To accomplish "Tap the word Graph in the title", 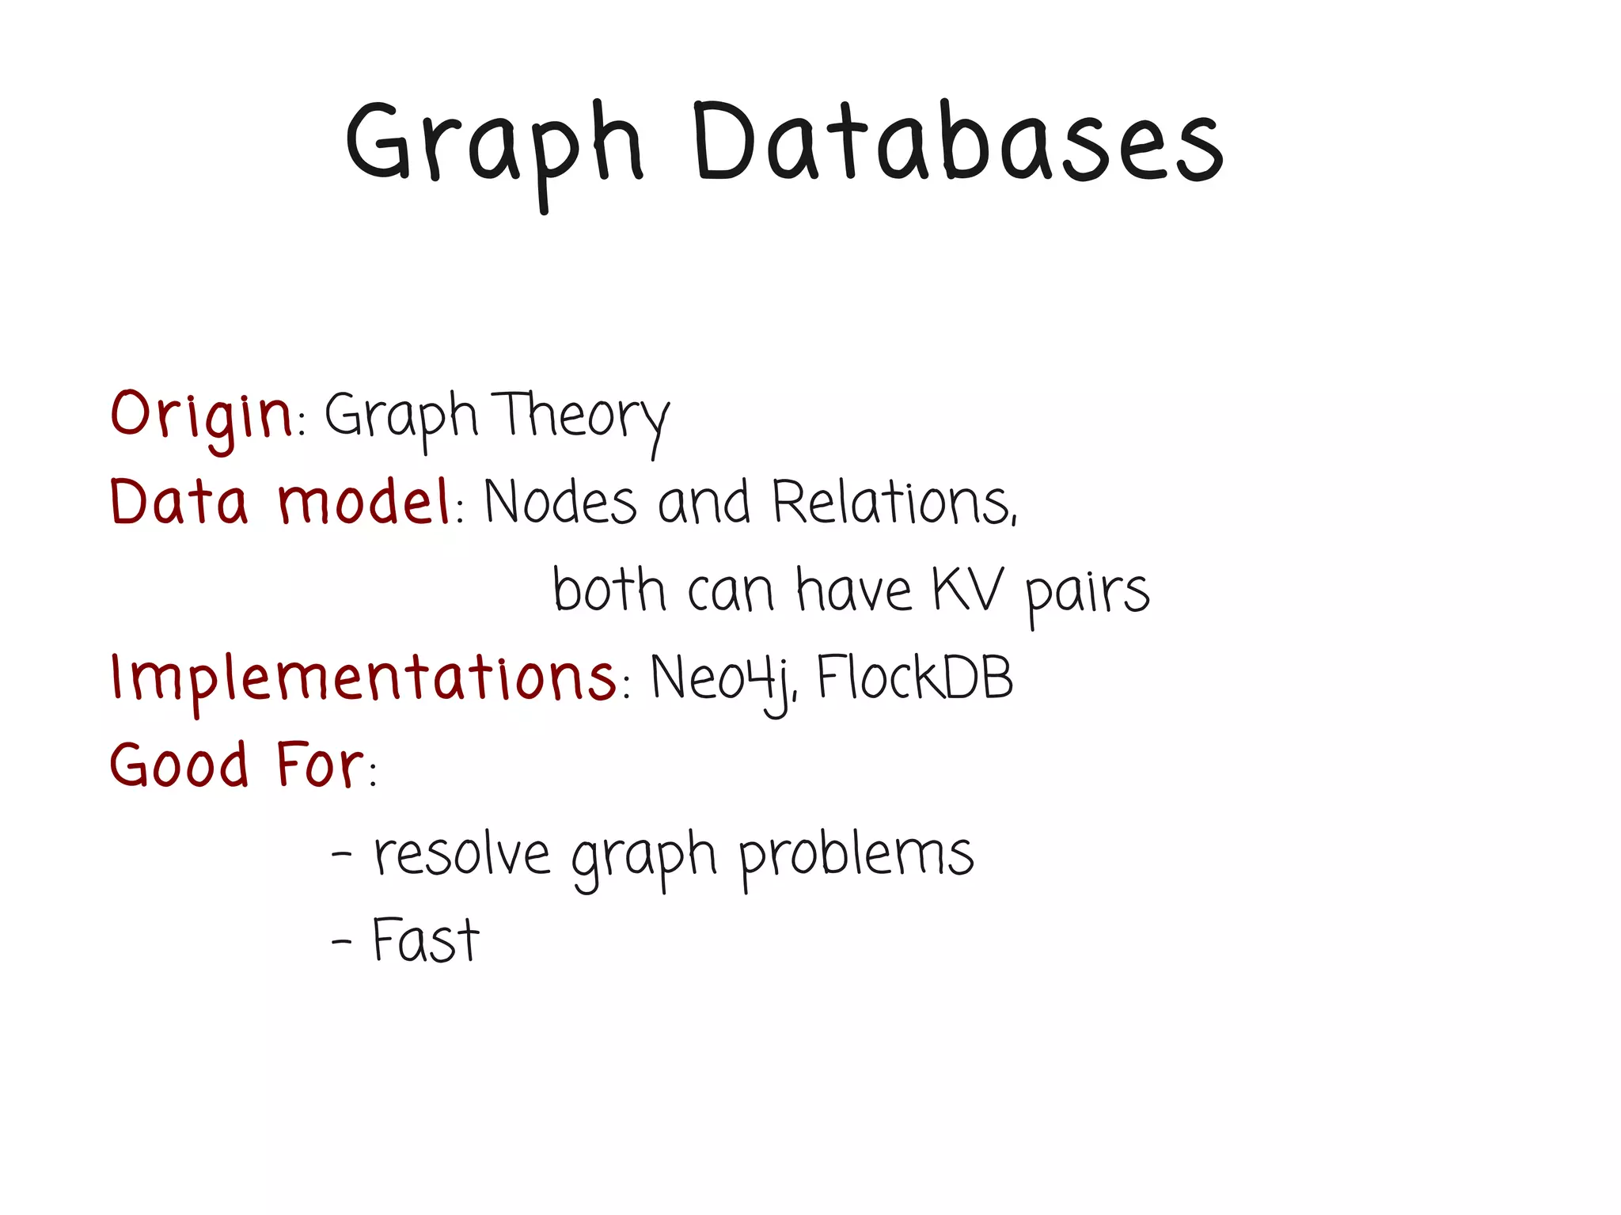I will (495, 146).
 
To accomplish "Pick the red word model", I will (364, 502).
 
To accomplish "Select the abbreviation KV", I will (967, 590).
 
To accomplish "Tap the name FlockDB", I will (914, 678).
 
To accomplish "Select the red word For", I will (320, 765).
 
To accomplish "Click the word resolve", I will (461, 855).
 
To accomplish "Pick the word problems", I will (856, 856).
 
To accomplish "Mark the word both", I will (609, 590).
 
